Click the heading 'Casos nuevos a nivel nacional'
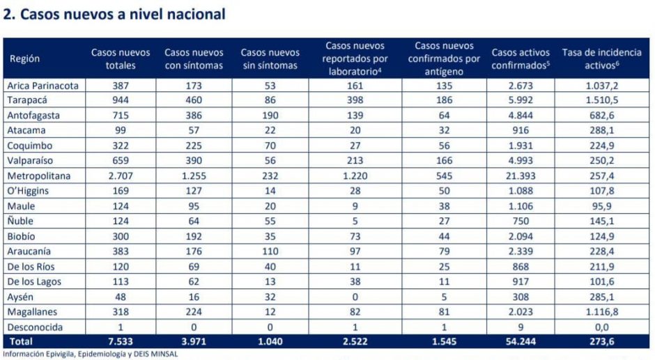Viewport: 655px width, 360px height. [x=123, y=14]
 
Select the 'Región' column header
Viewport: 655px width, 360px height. [x=24, y=58]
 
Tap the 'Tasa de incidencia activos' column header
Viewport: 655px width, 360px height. [x=601, y=58]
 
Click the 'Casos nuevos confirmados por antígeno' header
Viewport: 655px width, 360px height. [x=444, y=58]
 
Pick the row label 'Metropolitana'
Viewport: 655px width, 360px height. [x=39, y=176]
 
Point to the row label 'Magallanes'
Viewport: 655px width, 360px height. [x=32, y=312]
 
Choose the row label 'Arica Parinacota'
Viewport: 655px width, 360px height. [x=43, y=86]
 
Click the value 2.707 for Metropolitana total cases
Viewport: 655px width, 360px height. [x=121, y=176]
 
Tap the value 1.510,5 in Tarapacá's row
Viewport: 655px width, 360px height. [x=601, y=100]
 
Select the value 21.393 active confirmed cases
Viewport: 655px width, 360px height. [x=521, y=176]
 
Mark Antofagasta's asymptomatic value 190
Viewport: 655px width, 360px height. [x=270, y=116]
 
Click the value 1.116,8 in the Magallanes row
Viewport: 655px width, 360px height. [x=601, y=312]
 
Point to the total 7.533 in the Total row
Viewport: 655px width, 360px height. [x=121, y=342]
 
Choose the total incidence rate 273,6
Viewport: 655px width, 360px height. [x=601, y=342]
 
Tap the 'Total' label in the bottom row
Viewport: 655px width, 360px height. [x=21, y=342]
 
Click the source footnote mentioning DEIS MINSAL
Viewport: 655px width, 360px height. [x=90, y=354]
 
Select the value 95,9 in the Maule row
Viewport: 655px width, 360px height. [x=601, y=206]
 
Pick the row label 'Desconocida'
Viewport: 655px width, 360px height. [x=35, y=327]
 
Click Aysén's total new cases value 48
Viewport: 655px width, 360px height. [x=121, y=297]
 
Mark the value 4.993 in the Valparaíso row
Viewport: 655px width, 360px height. [x=521, y=161]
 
